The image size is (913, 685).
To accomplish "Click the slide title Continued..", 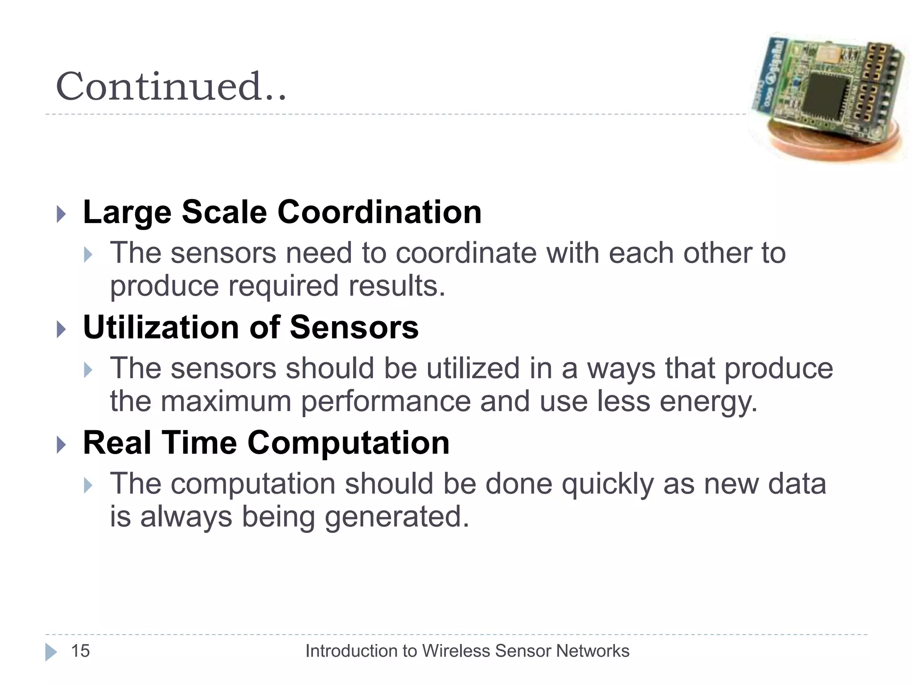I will [x=171, y=87].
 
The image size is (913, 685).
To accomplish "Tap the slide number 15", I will [x=80, y=651].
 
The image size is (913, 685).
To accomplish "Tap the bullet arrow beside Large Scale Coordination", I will [x=62, y=215].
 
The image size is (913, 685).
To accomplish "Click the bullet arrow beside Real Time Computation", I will [x=62, y=445].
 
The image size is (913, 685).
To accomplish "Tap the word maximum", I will [x=225, y=401].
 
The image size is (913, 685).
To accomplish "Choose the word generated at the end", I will [x=396, y=517].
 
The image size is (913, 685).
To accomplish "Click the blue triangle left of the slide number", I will [x=51, y=652].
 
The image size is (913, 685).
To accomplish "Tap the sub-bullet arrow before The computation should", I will [x=88, y=486].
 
